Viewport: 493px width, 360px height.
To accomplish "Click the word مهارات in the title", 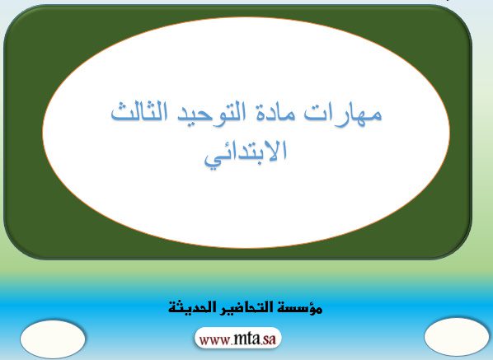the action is (343, 113).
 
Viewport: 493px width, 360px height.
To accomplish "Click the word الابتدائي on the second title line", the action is (246, 153).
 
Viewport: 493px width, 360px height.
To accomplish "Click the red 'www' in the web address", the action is (216, 340).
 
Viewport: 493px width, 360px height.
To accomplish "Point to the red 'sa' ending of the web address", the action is (270, 339).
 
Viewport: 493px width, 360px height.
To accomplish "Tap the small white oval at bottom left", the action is (53, 339).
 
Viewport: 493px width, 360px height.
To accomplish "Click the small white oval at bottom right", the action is (457, 337).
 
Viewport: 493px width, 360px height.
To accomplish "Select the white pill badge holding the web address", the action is (238, 338).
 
